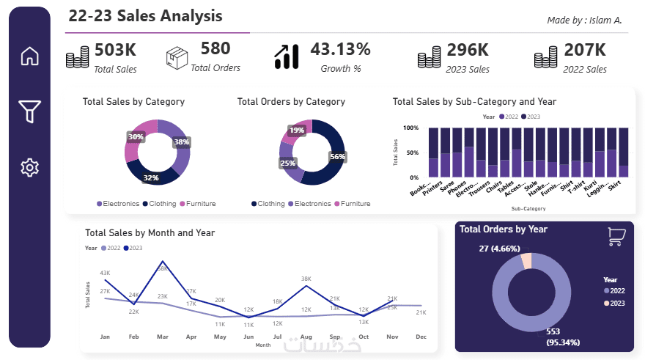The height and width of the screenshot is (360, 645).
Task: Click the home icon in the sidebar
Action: coord(29,56)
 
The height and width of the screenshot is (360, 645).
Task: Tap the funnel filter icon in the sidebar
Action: coord(29,111)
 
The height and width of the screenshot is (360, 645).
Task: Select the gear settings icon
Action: coord(29,167)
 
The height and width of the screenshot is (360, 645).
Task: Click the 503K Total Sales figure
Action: coord(115,51)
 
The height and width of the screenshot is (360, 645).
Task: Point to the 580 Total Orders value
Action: coord(215,49)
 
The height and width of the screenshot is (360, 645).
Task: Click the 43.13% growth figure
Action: coord(340,50)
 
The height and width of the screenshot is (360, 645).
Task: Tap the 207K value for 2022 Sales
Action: coord(584,51)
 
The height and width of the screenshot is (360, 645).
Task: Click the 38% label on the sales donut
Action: coord(181,142)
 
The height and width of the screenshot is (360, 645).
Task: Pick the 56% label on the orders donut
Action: coord(337,156)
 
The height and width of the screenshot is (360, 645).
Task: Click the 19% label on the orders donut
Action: coord(297,131)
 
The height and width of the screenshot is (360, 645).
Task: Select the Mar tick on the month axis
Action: coord(162,337)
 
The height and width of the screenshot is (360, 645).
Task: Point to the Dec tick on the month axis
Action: coord(421,337)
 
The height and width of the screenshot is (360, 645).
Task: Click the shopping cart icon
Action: coord(616,236)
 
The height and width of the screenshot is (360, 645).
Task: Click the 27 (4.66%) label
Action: coord(490,249)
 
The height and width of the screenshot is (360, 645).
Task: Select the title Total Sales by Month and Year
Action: coord(150,232)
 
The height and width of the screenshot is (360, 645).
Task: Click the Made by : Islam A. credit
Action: coord(584,20)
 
